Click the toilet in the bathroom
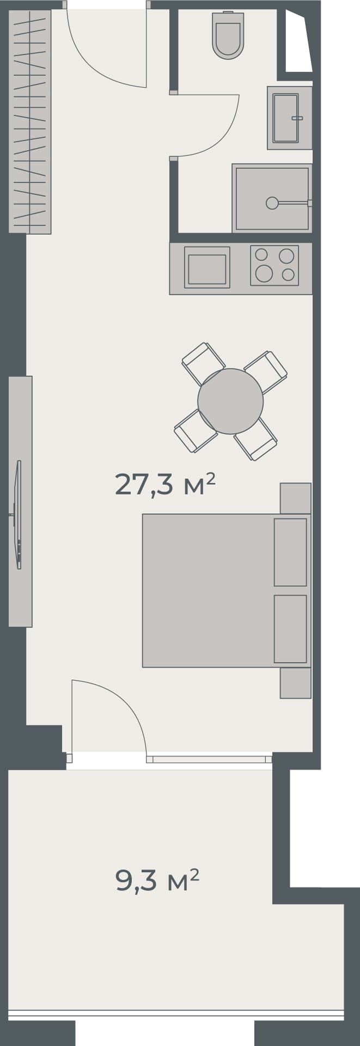228,36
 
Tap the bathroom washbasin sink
286,118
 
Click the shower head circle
272,203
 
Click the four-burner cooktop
274,265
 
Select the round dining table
230,401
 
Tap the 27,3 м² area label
165,484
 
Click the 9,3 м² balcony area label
157,880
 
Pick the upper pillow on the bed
290,552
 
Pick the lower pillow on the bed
290,629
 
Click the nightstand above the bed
295,498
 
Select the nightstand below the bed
295,683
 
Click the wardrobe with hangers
31,121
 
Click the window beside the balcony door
209,759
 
